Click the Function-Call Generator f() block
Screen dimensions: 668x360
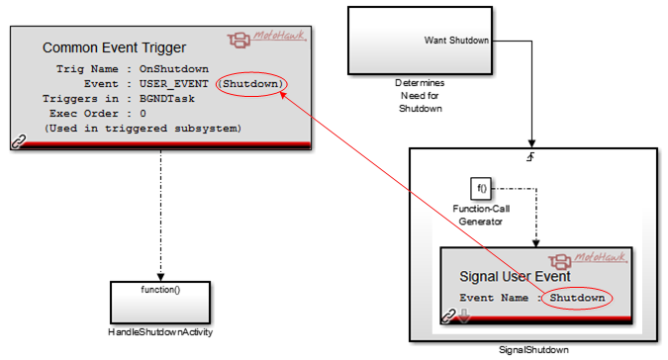481,189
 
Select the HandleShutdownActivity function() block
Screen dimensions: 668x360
160,303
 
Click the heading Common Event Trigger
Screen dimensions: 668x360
114,47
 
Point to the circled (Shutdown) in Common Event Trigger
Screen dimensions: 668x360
251,84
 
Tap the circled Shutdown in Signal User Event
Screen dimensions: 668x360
577,298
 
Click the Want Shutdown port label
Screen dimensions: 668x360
456,41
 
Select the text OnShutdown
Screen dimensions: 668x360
174,69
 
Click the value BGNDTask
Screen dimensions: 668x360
167,99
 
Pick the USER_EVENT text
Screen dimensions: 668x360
174,84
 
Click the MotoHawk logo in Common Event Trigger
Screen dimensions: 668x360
266,39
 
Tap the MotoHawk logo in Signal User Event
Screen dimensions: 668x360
588,260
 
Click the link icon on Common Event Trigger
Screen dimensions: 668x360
19,141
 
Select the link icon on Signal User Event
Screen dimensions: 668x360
448,316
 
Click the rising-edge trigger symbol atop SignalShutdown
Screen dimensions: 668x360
530,157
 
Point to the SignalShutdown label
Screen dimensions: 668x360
533,350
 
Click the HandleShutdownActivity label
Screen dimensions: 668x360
160,332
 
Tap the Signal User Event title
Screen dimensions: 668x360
515,277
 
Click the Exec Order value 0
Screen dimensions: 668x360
143,114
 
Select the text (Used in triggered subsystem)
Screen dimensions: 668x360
143,129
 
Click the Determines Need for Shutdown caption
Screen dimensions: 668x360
420,96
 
